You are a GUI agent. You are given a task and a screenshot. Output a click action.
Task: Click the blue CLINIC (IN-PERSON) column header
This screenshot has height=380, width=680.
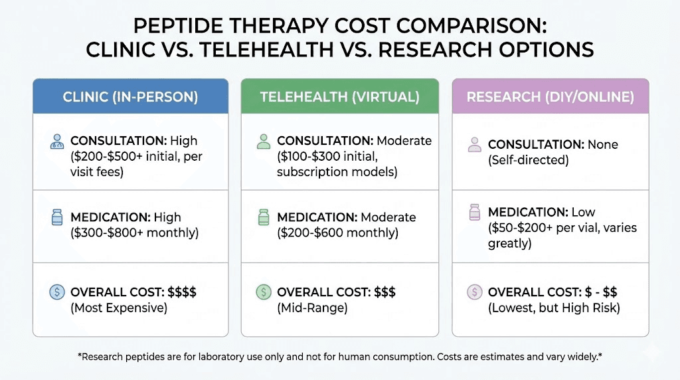(x=130, y=97)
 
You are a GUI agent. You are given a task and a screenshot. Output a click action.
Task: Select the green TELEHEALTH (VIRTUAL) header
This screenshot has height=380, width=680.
(x=339, y=97)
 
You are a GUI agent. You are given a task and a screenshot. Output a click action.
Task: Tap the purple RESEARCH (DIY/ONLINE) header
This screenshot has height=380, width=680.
(x=550, y=97)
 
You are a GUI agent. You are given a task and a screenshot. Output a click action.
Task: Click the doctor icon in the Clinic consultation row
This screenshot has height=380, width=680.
(x=57, y=142)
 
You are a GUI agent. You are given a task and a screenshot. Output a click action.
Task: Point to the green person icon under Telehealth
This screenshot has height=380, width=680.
(x=264, y=142)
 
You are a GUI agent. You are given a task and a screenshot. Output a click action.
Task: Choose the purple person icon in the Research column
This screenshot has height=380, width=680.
(x=474, y=145)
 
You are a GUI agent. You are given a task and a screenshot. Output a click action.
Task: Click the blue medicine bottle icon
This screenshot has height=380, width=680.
(x=57, y=217)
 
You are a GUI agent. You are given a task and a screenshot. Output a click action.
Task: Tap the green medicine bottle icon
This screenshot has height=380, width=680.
(x=264, y=217)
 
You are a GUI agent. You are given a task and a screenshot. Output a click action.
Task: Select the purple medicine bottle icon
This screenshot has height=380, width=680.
(x=474, y=212)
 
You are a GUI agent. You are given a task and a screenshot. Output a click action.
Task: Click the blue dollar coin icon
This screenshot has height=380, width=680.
(x=57, y=292)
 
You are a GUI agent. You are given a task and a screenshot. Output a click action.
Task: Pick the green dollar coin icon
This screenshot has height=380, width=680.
(x=264, y=292)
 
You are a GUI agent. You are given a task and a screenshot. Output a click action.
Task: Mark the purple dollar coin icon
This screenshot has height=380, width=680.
(x=474, y=292)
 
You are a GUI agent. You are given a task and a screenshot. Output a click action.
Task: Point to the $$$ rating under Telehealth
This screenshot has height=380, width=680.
(x=383, y=292)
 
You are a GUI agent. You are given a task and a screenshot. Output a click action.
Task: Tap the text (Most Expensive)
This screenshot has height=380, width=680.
(x=118, y=308)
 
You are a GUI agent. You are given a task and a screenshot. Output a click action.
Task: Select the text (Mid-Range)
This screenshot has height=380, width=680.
(x=312, y=308)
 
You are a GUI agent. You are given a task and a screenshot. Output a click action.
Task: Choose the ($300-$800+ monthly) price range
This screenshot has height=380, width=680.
(x=134, y=233)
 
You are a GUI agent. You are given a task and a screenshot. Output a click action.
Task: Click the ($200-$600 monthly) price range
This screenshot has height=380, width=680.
(x=337, y=233)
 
